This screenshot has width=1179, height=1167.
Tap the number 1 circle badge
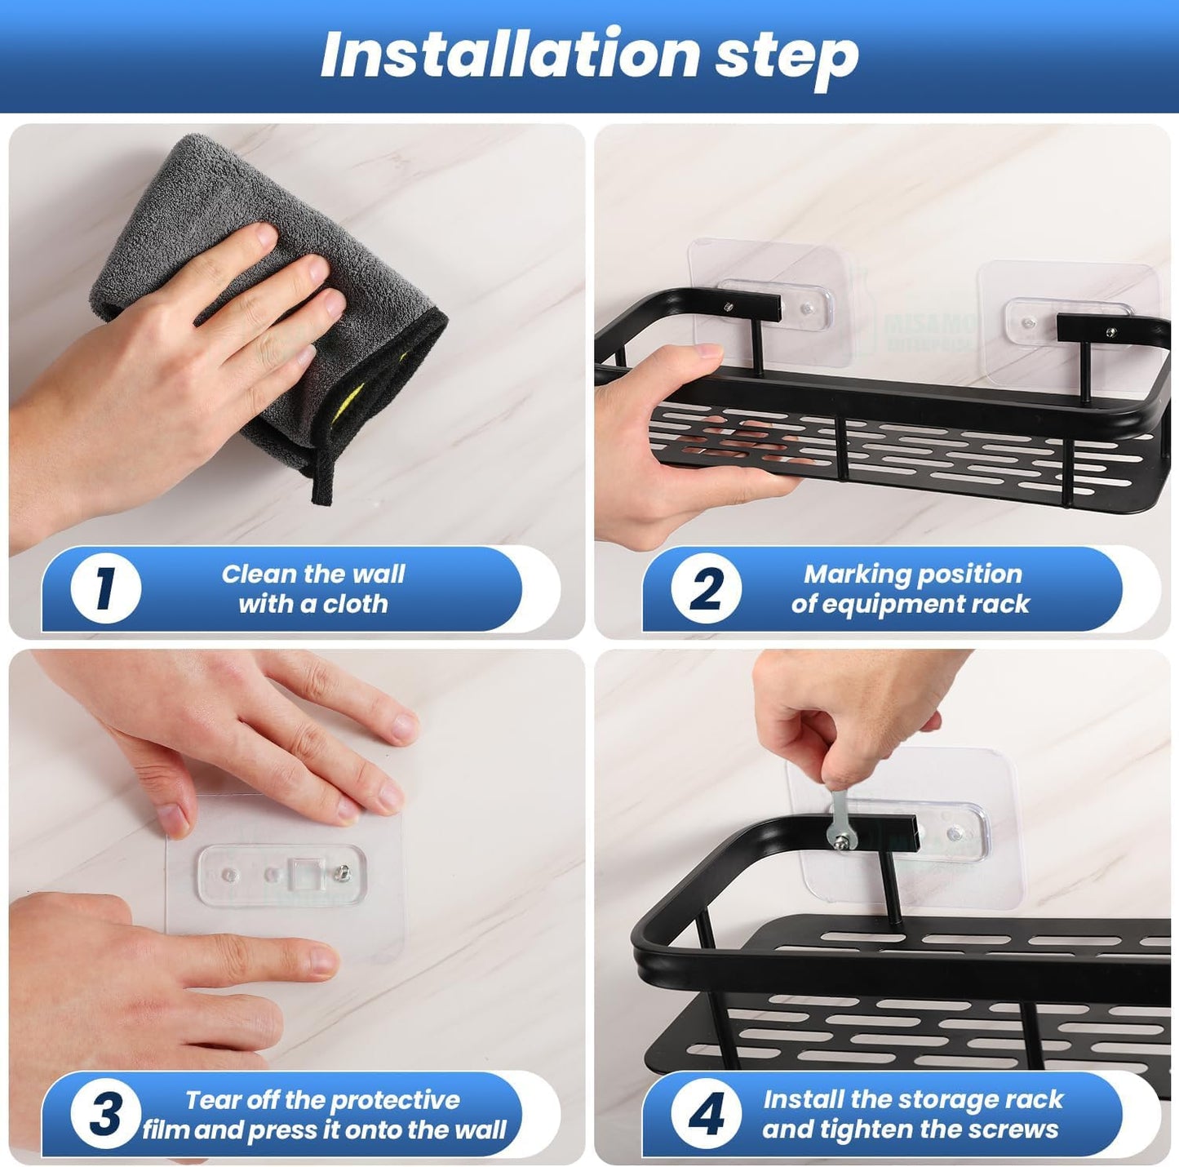coord(105,588)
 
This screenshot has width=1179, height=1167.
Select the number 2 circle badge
coord(706,588)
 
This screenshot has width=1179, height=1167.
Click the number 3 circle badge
coord(105,1114)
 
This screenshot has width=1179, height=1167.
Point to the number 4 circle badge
coord(706,1114)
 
